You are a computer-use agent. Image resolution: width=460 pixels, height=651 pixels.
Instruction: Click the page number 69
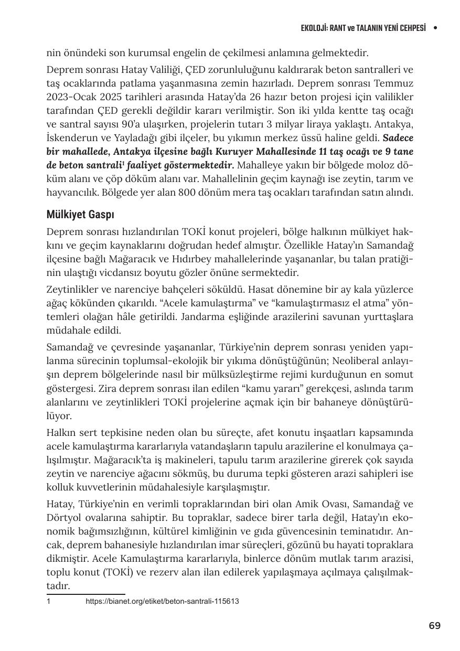click(434, 625)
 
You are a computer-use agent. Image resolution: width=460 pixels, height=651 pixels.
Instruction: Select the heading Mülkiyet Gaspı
click(80, 215)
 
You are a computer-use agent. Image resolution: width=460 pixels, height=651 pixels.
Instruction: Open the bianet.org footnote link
click(162, 601)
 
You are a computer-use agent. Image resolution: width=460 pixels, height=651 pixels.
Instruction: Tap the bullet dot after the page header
click(435, 28)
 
